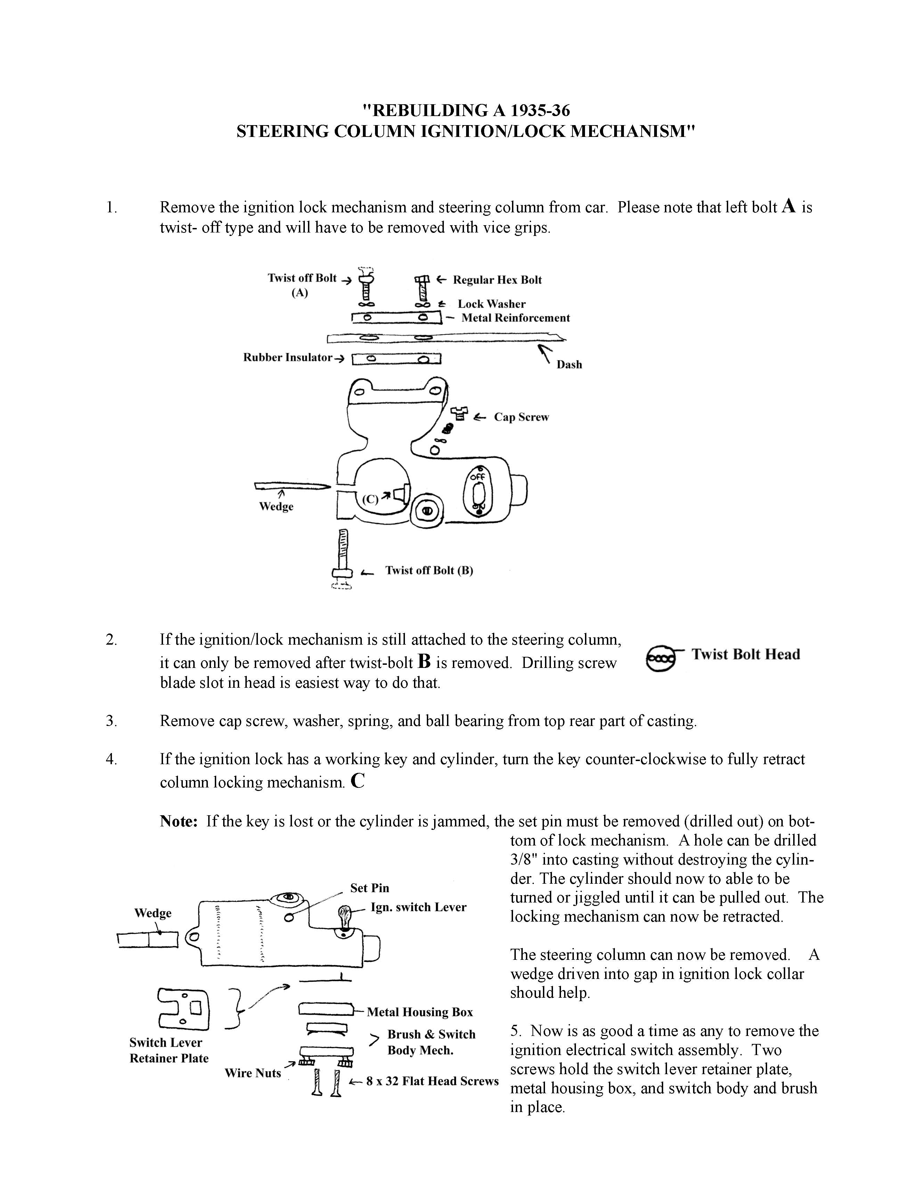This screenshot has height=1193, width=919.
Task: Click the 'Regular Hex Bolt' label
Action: tap(497, 280)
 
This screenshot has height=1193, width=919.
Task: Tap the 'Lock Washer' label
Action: tap(491, 304)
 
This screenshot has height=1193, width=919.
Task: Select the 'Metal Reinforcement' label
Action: tap(515, 318)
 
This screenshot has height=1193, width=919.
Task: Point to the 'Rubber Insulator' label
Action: tap(287, 358)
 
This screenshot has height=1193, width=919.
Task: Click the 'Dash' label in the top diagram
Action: tap(569, 365)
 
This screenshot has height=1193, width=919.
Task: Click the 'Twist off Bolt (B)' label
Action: tap(429, 571)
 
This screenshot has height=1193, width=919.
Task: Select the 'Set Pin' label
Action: tap(369, 888)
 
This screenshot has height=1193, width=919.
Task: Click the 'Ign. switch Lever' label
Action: tap(418, 907)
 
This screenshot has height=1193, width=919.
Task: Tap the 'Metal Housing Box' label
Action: tap(420, 1012)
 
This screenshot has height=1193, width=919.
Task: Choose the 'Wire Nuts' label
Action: tap(252, 1073)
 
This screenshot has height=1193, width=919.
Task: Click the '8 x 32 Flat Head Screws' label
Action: tap(432, 1081)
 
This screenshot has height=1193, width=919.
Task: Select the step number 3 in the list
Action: tap(112, 721)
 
